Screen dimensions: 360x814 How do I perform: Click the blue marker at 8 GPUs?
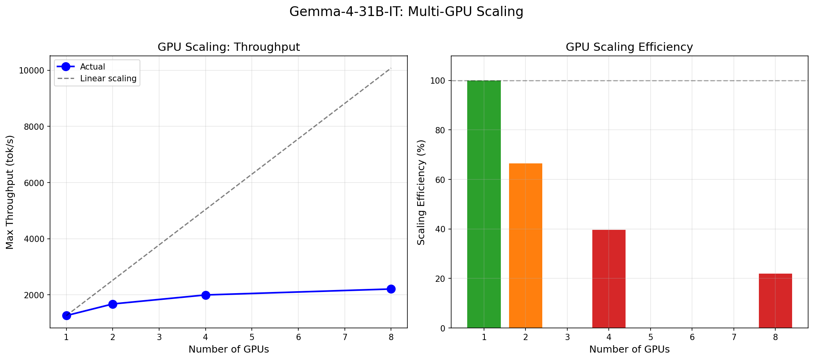click(x=391, y=289)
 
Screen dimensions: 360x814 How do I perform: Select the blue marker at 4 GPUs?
click(x=206, y=295)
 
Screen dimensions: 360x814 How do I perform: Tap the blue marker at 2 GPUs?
click(x=113, y=304)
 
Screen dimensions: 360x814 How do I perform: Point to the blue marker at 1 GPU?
click(x=66, y=315)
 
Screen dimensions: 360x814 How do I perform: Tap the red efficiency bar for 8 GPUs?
click(x=775, y=301)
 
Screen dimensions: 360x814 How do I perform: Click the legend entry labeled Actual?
click(x=92, y=67)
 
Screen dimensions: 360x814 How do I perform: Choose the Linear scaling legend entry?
click(x=108, y=79)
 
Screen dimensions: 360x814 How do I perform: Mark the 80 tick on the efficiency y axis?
click(x=440, y=130)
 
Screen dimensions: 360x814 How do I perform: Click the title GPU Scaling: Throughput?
click(x=229, y=47)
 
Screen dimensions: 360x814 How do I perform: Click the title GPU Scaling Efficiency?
click(x=629, y=47)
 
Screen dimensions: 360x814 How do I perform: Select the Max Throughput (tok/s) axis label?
click(x=10, y=192)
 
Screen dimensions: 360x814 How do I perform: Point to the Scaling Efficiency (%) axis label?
click(x=421, y=192)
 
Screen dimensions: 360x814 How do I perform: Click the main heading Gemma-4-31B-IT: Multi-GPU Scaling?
click(x=406, y=12)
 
